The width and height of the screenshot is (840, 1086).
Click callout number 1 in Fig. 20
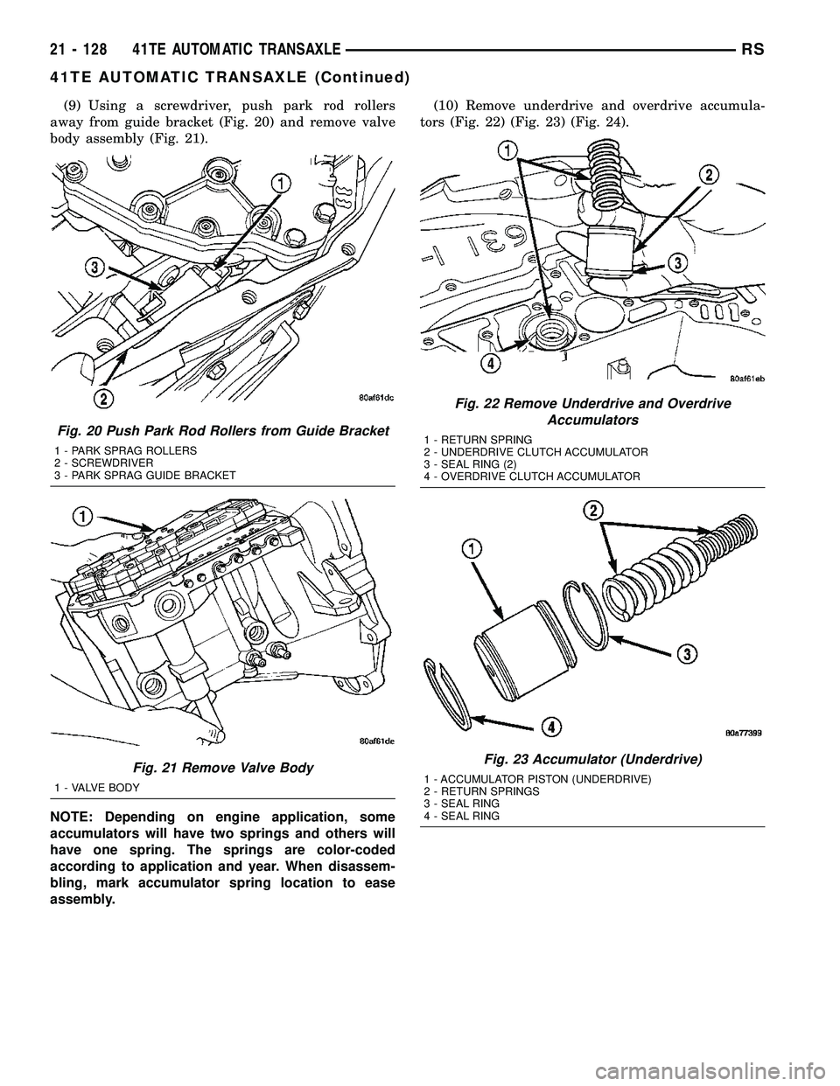pos(280,183)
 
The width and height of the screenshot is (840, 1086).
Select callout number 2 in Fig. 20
pos(104,400)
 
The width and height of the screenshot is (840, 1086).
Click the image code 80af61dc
pos(364,399)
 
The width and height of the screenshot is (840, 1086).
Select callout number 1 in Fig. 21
pos(84,518)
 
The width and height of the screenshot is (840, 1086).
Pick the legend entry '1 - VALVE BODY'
pos(96,786)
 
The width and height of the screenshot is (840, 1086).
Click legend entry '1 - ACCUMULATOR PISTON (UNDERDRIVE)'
pos(536,778)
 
